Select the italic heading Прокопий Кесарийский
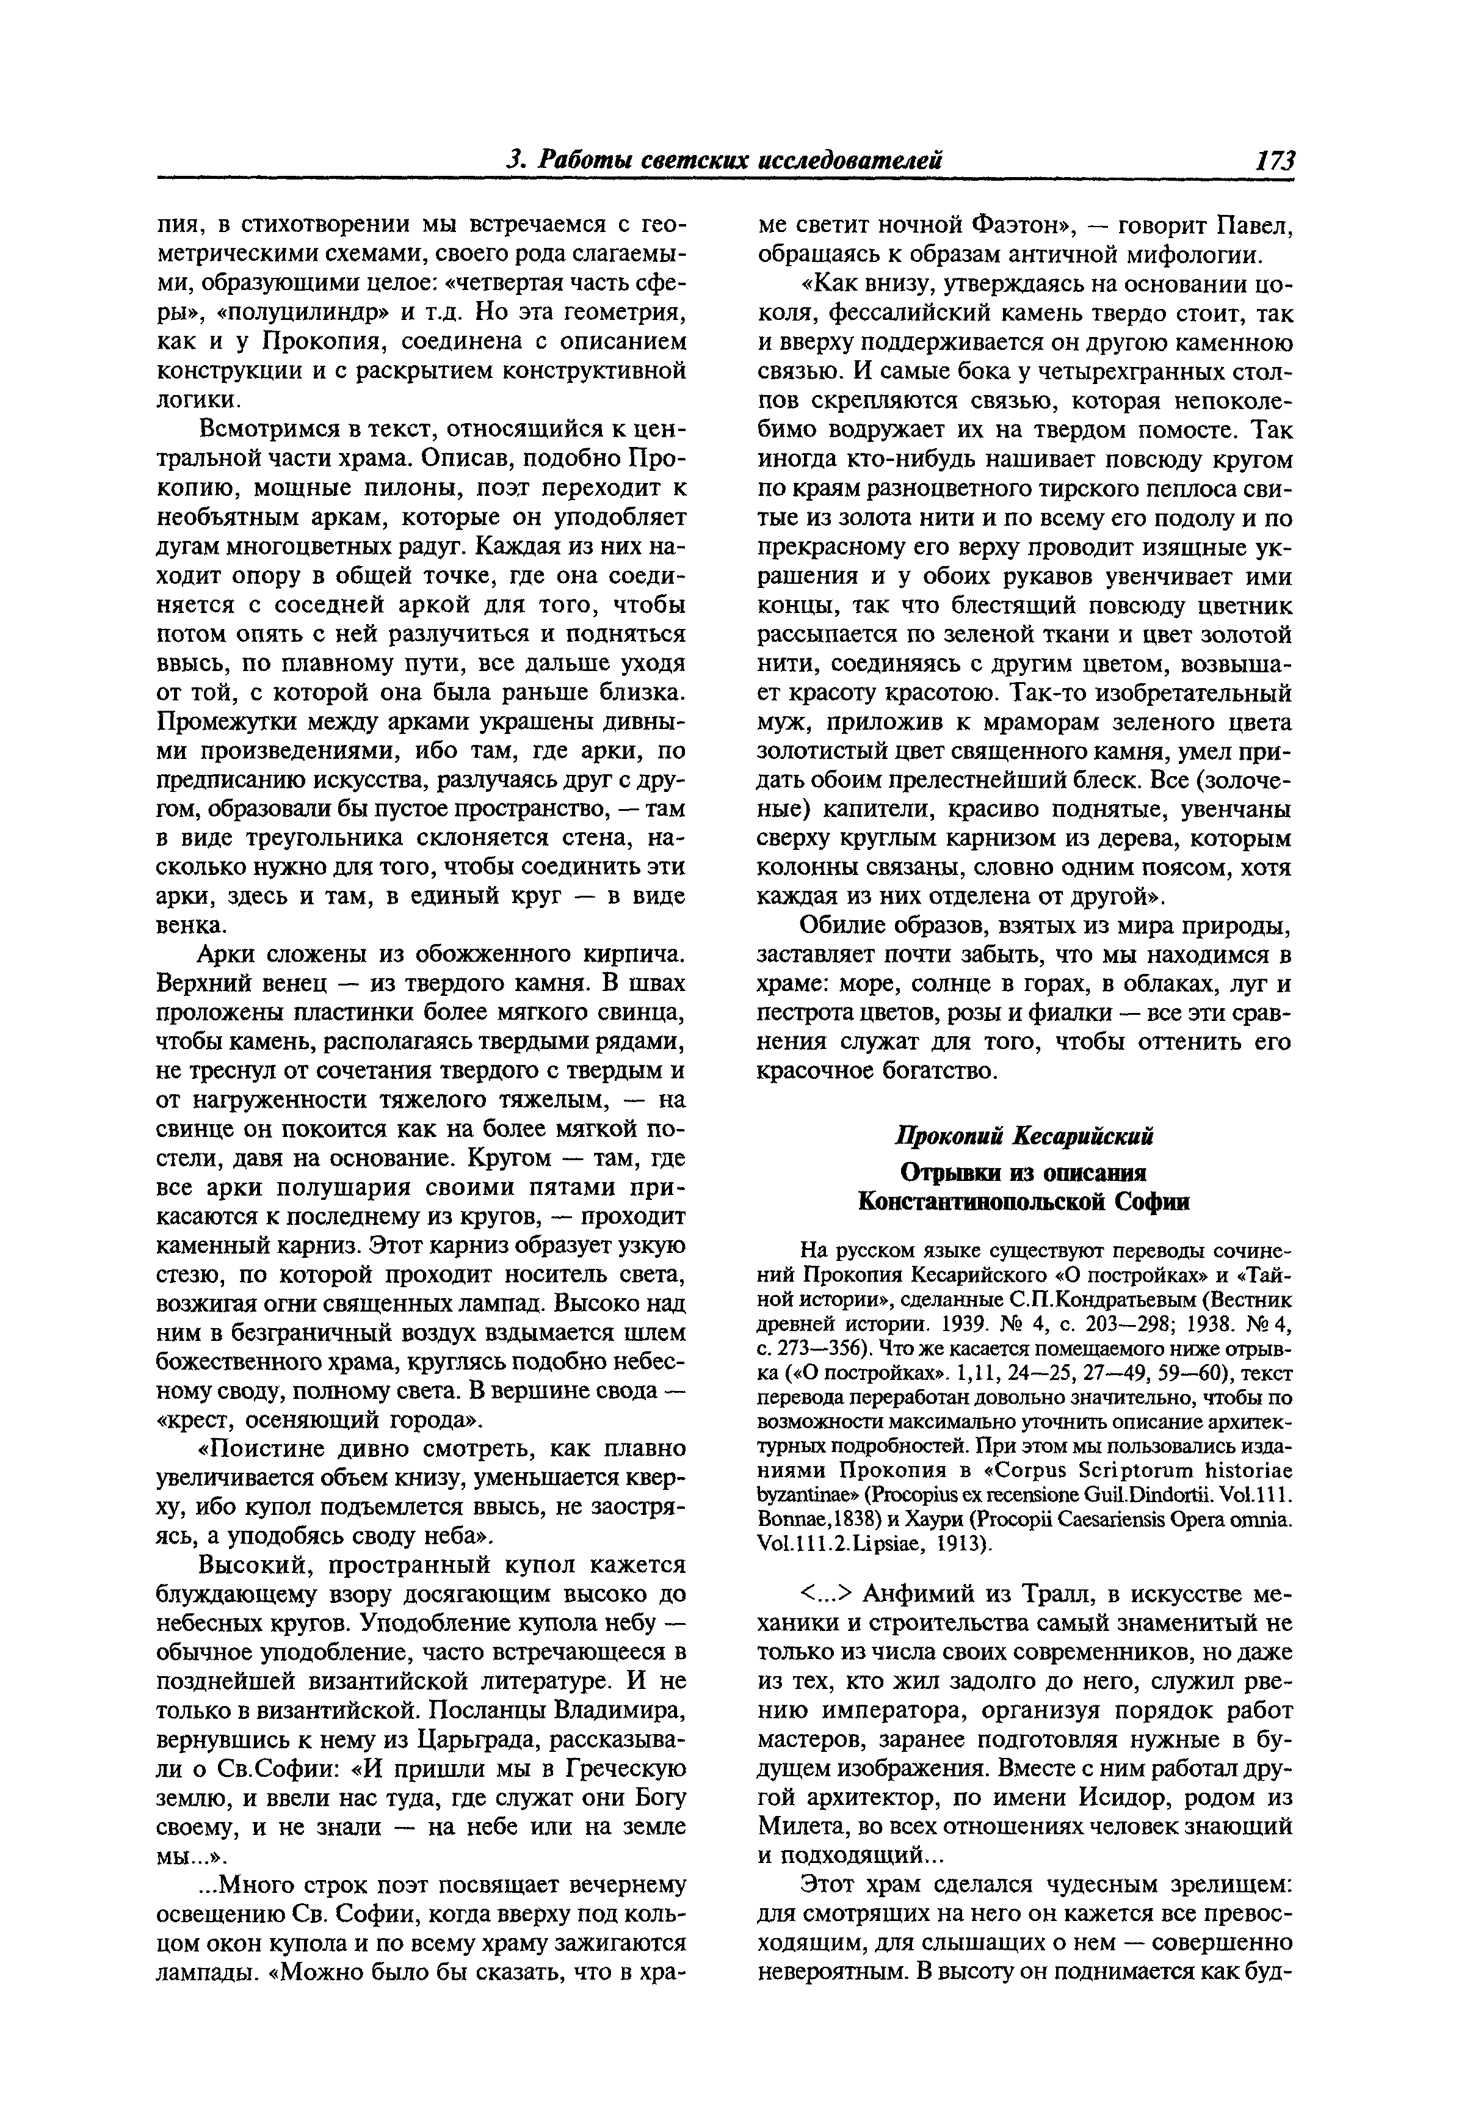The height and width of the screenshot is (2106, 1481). tap(1023, 1136)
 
